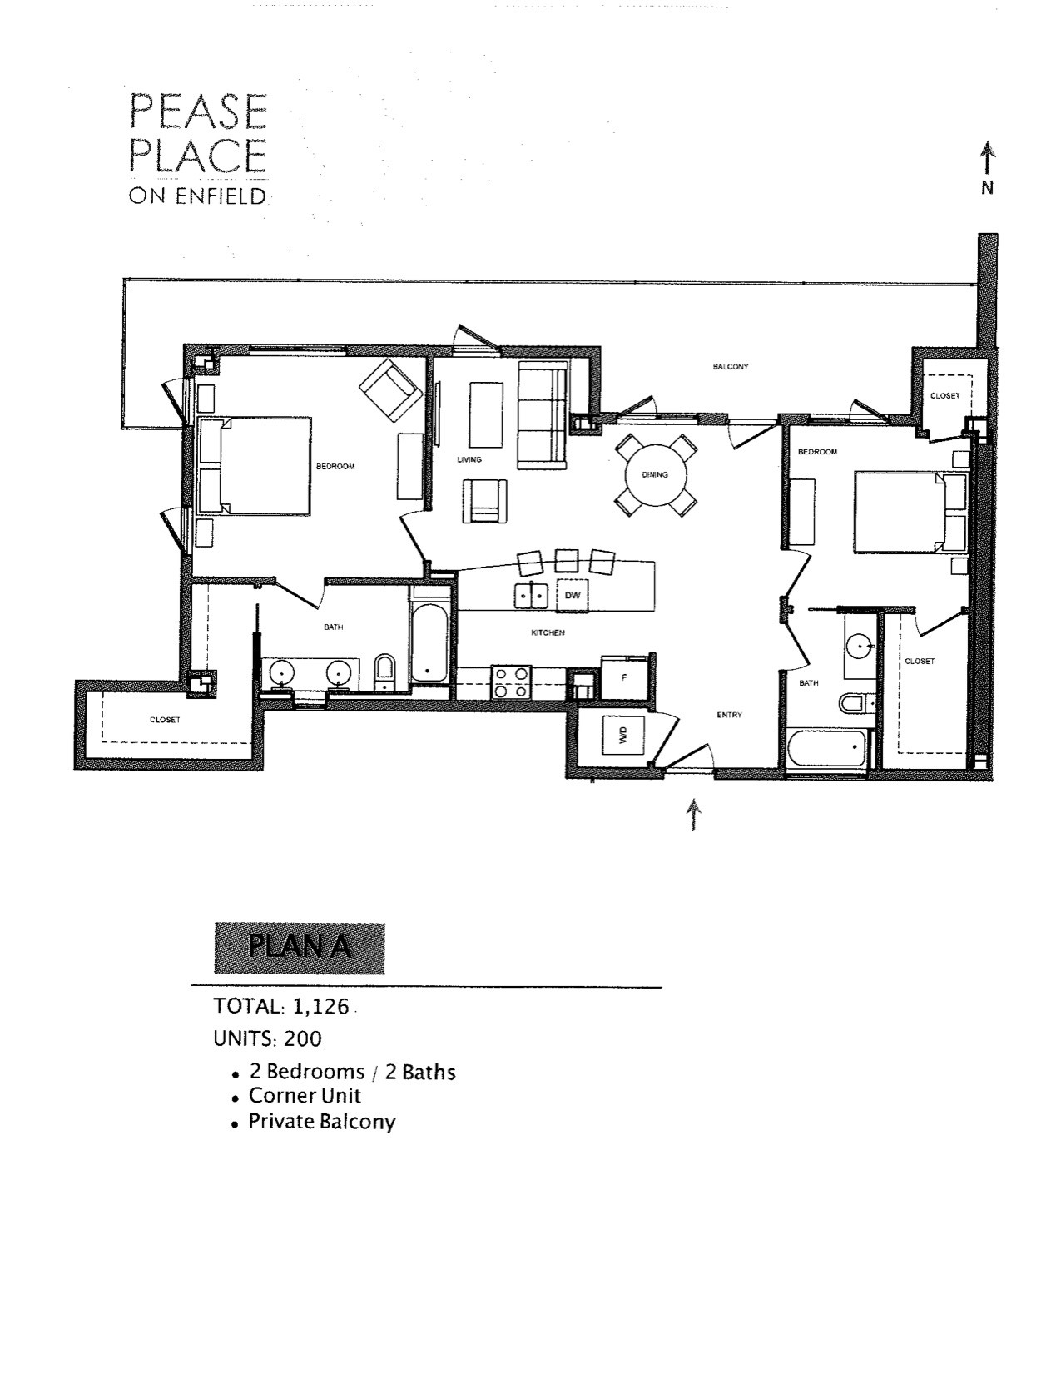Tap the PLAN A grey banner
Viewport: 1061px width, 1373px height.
[300, 948]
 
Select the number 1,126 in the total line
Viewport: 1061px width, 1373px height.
[319, 1006]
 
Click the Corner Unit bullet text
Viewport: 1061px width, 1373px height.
[305, 1096]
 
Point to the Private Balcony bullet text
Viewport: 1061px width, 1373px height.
[321, 1122]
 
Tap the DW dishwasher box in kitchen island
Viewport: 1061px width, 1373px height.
[572, 595]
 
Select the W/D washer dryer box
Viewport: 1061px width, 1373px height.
[622, 735]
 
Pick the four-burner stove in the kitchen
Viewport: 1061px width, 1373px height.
[511, 682]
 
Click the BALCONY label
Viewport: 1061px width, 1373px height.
[731, 366]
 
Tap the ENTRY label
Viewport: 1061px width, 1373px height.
[729, 715]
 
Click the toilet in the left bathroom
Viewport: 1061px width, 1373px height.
[384, 671]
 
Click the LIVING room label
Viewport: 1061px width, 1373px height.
[469, 459]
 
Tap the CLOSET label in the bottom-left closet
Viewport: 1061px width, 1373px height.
[165, 720]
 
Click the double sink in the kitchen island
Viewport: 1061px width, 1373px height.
[530, 595]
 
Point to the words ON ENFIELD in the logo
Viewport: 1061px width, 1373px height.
[197, 197]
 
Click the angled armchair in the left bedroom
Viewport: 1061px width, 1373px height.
[390, 389]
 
